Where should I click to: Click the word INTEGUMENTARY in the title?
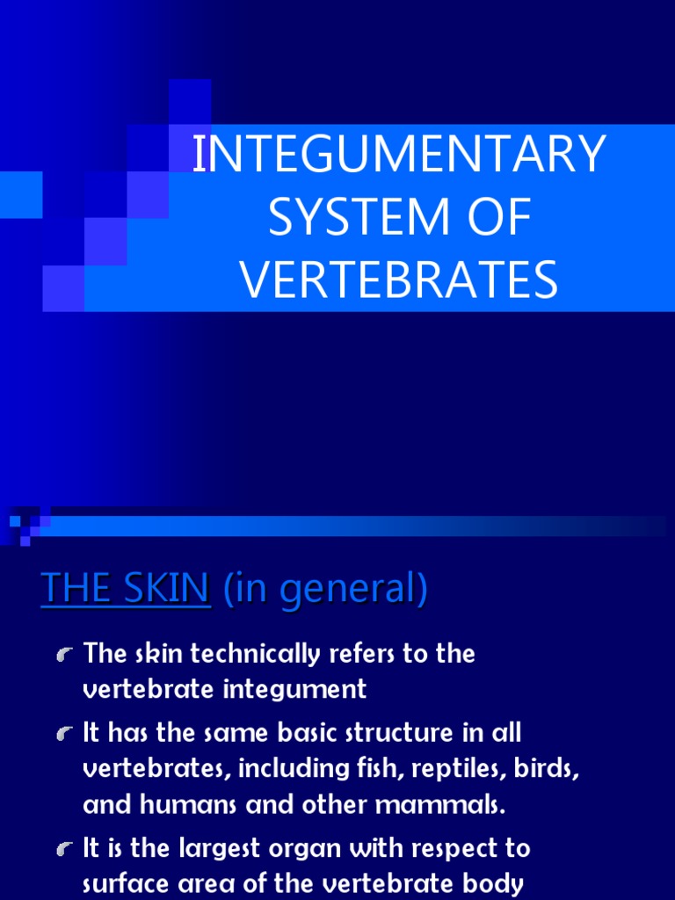(x=399, y=156)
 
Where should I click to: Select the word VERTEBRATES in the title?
(x=399, y=280)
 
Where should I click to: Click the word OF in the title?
(x=502, y=218)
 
